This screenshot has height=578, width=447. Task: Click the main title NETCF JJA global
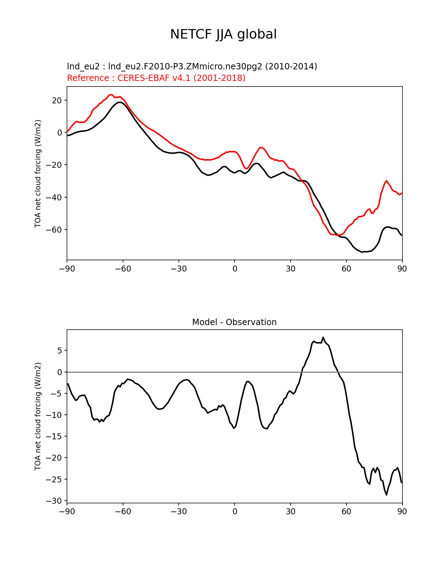click(x=223, y=34)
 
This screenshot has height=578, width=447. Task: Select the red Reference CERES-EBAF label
click(x=156, y=78)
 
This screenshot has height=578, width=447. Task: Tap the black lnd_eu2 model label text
click(x=192, y=66)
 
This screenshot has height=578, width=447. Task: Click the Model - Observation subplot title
click(x=234, y=322)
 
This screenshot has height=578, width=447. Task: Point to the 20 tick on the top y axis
click(x=57, y=101)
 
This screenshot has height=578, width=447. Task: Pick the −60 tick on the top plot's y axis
click(x=55, y=230)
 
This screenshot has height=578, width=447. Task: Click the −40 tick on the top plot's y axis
click(x=55, y=198)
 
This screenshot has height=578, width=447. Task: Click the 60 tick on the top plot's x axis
click(x=346, y=269)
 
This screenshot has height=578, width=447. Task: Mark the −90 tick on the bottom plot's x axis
click(x=67, y=511)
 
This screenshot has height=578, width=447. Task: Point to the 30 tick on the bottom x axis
click(x=291, y=511)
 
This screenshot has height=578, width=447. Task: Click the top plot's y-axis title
click(x=38, y=173)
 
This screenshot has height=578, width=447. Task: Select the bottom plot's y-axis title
click(x=38, y=416)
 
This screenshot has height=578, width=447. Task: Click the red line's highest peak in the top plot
click(x=111, y=95)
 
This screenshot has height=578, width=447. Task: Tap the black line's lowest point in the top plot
click(x=363, y=252)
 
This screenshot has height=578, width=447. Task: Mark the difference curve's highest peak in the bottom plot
click(x=323, y=337)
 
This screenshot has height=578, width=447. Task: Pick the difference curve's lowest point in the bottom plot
click(x=387, y=495)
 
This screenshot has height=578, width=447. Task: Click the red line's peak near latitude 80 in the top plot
click(x=386, y=181)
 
